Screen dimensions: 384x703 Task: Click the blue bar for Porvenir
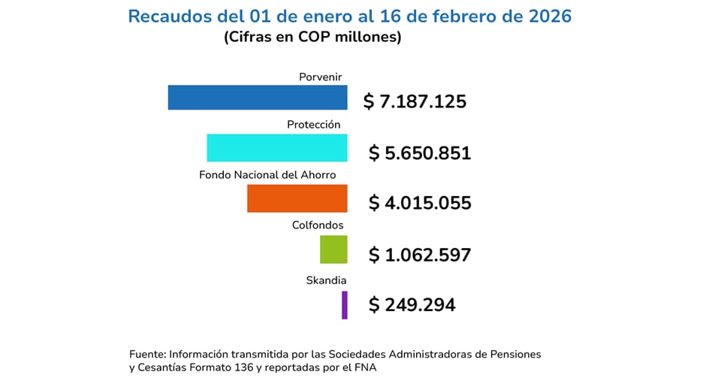click(x=257, y=98)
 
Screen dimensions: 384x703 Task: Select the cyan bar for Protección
click(x=276, y=148)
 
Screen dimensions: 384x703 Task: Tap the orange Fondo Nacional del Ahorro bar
click(x=297, y=198)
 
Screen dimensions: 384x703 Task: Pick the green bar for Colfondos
click(x=333, y=249)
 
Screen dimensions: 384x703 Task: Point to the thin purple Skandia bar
click(x=345, y=304)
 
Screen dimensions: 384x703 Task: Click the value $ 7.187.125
click(x=415, y=101)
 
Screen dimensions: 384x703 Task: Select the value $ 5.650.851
click(x=420, y=153)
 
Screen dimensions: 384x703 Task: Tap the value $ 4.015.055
click(x=420, y=203)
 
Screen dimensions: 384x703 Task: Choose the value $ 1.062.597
click(x=420, y=255)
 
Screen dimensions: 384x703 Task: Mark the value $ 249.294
click(x=412, y=305)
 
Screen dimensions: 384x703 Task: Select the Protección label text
click(x=314, y=125)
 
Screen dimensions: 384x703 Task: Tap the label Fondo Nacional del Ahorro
click(x=267, y=175)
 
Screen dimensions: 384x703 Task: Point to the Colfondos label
click(x=318, y=225)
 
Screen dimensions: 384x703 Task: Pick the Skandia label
click(x=325, y=280)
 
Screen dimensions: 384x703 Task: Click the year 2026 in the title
click(x=550, y=17)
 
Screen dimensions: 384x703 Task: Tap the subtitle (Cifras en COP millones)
click(x=312, y=37)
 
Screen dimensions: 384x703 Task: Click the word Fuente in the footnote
click(x=147, y=353)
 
